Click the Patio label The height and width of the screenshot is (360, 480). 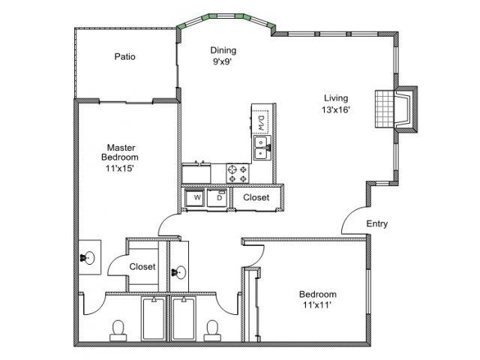[x=125, y=57]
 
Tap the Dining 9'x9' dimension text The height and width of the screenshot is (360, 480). [x=222, y=61]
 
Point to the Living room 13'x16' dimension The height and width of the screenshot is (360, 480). [x=336, y=109]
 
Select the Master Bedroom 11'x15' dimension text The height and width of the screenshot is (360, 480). [x=120, y=168]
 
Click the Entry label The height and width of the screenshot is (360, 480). [x=376, y=223]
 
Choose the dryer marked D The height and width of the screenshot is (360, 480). [x=217, y=198]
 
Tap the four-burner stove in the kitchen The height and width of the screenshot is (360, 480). [x=238, y=173]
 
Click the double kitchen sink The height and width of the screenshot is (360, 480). [x=262, y=148]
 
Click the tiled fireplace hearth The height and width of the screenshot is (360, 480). [x=383, y=109]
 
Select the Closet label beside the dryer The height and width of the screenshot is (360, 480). [x=256, y=197]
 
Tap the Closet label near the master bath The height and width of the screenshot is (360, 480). [x=142, y=267]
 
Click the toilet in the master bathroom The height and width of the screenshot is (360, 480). [x=118, y=331]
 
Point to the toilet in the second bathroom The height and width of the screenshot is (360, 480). [x=212, y=331]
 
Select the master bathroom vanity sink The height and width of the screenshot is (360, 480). [x=88, y=258]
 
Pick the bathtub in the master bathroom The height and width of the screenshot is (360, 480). [x=153, y=318]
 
